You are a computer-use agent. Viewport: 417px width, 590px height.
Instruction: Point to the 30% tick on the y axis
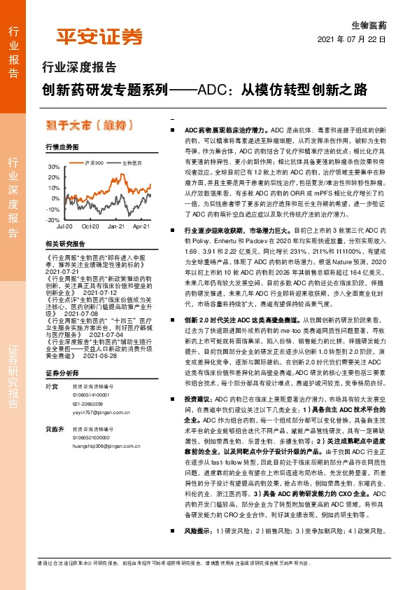point(53,167)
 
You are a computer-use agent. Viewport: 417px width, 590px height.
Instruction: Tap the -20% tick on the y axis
point(52,220)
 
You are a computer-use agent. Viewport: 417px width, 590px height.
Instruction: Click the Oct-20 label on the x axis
point(89,228)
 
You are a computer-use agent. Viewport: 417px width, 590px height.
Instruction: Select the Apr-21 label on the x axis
point(141,228)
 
